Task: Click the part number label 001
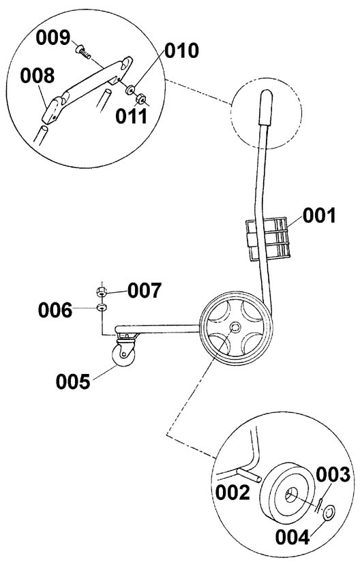[319, 216]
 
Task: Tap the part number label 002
[232, 493]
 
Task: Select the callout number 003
[333, 475]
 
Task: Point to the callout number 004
[292, 537]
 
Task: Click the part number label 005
[73, 381]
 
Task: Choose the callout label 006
[55, 310]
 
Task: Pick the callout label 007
[145, 290]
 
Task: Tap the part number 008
[37, 76]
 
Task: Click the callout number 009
[53, 37]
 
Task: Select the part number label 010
[181, 50]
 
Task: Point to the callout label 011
[131, 116]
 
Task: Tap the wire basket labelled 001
[267, 238]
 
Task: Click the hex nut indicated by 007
[102, 292]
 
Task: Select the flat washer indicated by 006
[102, 307]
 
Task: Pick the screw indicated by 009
[84, 52]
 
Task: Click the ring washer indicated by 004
[329, 512]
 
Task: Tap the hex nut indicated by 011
[140, 98]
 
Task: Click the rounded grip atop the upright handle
[266, 108]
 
